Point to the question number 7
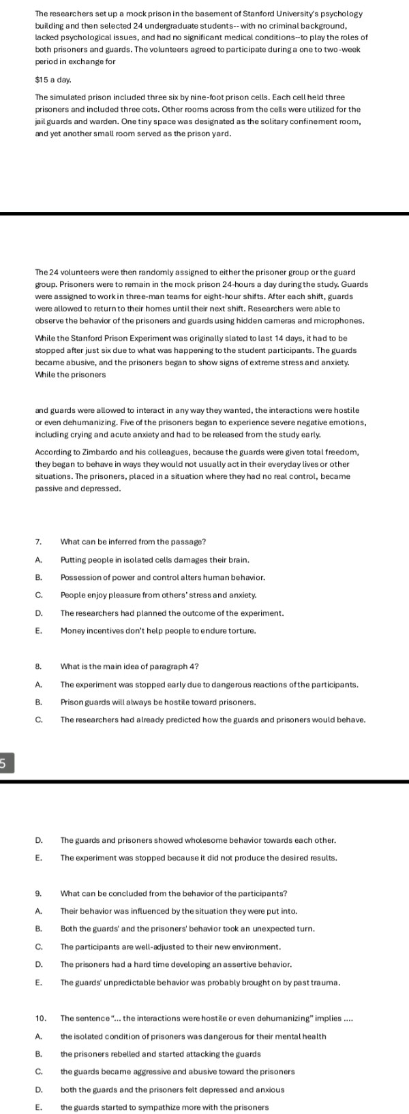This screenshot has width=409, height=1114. click(x=39, y=542)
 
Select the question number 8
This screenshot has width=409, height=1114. click(x=39, y=666)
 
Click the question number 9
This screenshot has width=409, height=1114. click(x=39, y=893)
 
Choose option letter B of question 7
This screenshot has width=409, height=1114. click(x=39, y=577)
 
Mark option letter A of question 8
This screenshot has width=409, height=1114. click(x=39, y=684)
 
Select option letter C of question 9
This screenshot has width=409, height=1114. click(x=39, y=946)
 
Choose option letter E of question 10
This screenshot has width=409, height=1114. click(x=39, y=1107)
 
